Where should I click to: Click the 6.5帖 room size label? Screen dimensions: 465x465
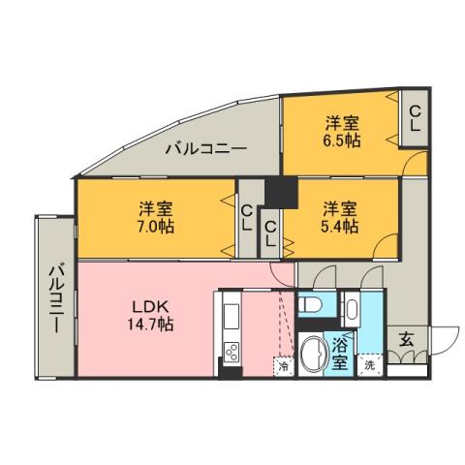tap(342, 139)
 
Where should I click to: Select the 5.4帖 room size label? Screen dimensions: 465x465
tap(341, 226)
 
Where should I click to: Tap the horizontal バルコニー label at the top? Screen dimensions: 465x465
tap(204, 149)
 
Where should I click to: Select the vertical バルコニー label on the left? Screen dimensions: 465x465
tap(55, 297)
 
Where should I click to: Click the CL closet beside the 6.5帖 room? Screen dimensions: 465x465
tap(414, 119)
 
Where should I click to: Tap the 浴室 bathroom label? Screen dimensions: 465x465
tap(340, 354)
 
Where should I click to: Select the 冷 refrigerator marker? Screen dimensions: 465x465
tap(284, 366)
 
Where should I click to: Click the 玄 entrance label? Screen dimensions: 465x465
tap(406, 339)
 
